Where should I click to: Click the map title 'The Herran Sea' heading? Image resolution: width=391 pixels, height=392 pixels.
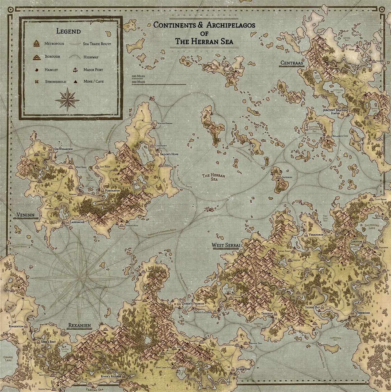point(204,41)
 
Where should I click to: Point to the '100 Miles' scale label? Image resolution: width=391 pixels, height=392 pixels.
point(138,76)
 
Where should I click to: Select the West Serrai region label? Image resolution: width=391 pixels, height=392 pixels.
point(226,245)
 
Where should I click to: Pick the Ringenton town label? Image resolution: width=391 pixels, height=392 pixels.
point(16,326)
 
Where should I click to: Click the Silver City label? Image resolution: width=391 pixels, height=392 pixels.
point(243,369)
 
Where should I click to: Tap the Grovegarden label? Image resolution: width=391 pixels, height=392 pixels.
point(63,149)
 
